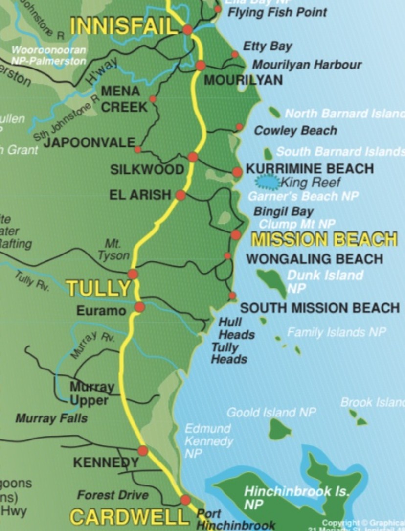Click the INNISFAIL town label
[123, 26]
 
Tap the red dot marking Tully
[133, 274]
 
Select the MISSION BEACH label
[324, 239]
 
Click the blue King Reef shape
[267, 183]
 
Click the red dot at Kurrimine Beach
[237, 172]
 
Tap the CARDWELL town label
[129, 517]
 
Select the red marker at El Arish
[180, 195]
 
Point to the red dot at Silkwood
[193, 157]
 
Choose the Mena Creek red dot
[153, 99]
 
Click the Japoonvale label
[89, 142]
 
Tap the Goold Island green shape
[280, 429]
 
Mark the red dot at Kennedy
[143, 450]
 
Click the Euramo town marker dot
[140, 307]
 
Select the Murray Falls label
[51, 418]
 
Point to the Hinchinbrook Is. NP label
[296, 497]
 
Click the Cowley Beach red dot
[239, 127]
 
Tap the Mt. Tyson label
[113, 249]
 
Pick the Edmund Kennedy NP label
[208, 441]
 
